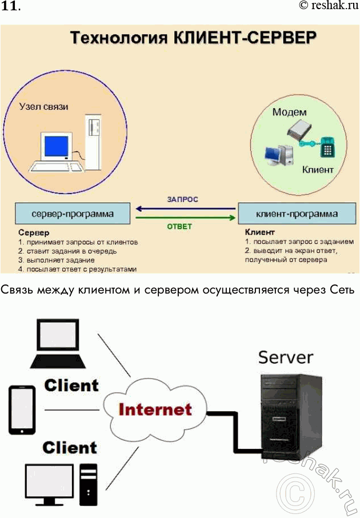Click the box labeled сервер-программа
pos(72,215)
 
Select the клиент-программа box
pos(297,215)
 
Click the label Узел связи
pos(43,106)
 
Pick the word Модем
pos(289,112)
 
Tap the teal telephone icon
pos(327,147)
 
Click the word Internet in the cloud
pos(155,409)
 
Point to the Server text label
pos(286,358)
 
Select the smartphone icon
pos(22,409)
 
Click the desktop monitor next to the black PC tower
pos(49,481)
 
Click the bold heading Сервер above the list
pos(34,233)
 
